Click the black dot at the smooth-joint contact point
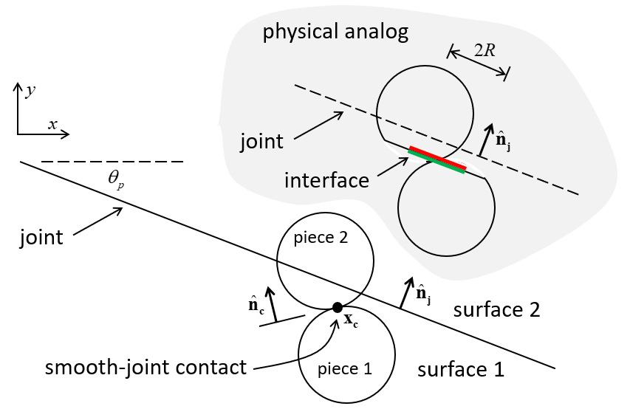(x=338, y=307)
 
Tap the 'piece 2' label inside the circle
(x=321, y=238)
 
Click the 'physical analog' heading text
(x=335, y=32)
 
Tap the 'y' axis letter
(x=30, y=91)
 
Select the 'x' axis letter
(x=52, y=124)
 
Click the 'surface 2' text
(x=496, y=309)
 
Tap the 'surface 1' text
(x=461, y=368)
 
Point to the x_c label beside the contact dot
(x=352, y=322)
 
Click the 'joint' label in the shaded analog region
(x=262, y=141)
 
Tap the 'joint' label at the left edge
(x=41, y=238)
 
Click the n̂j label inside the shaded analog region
(x=502, y=141)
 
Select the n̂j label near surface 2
(x=423, y=293)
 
